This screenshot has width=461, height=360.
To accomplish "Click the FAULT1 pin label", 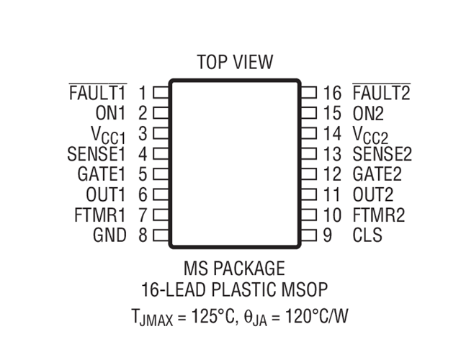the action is pos(98,92).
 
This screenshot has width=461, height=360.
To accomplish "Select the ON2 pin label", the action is pos(368,113).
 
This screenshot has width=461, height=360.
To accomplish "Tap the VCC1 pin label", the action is pos(108,135).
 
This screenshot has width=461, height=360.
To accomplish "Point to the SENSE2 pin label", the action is pos(382,154).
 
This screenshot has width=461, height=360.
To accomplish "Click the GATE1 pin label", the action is pos(102,174).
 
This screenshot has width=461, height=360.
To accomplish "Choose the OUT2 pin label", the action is pos(373,194).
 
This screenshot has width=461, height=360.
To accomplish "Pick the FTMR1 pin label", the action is pos(100,215).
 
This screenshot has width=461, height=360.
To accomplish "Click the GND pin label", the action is pos(109,235).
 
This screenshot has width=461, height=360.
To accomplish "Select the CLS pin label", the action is pos(367,235).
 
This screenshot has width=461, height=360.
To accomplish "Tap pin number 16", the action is pos(332,93).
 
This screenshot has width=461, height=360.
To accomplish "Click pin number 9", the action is pos(328,235).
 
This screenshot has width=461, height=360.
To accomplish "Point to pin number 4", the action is pos(143,154).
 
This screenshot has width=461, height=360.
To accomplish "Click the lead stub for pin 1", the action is pos(161,93).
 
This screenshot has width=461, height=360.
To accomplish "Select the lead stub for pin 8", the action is pos(161,235).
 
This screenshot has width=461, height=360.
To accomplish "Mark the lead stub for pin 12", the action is pos(308,174).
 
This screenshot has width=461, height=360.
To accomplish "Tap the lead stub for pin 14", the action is pos(308,133).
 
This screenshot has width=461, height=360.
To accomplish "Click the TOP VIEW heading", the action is pos(235,62).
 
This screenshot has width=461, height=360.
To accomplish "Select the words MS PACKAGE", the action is pos(234,268).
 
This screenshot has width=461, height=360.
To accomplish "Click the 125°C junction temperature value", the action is pos(212,316).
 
